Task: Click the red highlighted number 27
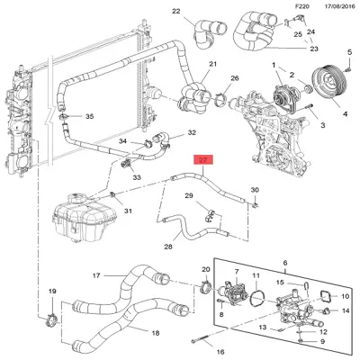click(x=203, y=160)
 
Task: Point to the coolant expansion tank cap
click(x=77, y=198)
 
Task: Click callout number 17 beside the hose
click(x=96, y=275)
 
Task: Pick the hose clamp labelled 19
click(x=51, y=320)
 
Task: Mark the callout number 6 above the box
click(x=285, y=263)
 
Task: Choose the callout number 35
click(x=90, y=116)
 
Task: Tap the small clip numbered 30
click(x=255, y=205)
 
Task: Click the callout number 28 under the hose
click(x=168, y=247)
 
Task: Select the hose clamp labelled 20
click(x=206, y=287)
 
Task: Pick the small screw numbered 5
click(x=348, y=69)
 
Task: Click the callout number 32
click(x=192, y=132)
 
